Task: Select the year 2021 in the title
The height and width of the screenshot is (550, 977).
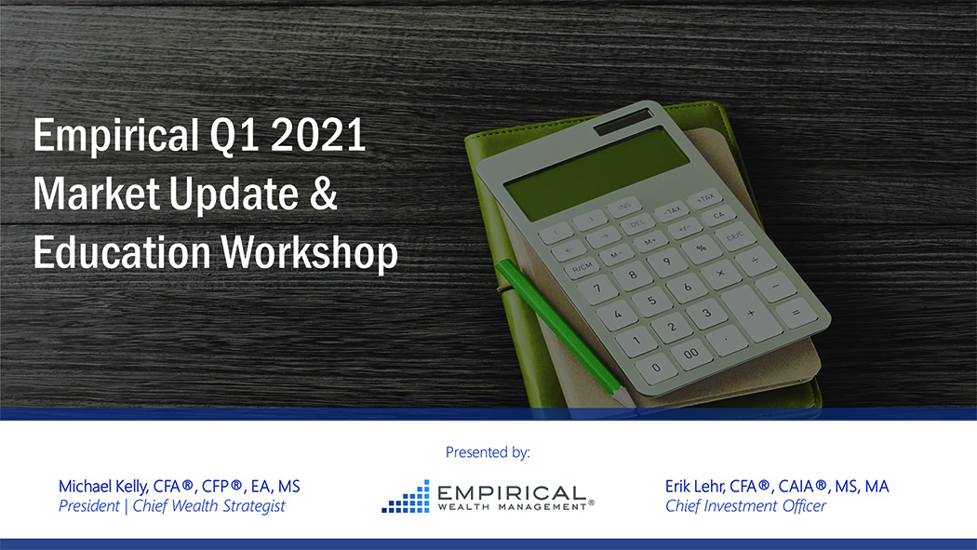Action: [318, 134]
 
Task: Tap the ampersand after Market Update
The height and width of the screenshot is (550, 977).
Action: [323, 193]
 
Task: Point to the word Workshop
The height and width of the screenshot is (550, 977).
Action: [309, 252]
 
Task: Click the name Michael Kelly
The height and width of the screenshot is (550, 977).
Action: [102, 487]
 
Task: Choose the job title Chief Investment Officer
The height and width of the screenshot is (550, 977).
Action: [745, 505]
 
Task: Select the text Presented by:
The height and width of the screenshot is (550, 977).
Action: [488, 452]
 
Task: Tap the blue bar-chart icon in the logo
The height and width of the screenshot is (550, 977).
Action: [406, 496]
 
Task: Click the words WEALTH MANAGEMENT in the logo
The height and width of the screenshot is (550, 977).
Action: [512, 507]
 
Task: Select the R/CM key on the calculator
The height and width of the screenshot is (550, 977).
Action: [582, 268]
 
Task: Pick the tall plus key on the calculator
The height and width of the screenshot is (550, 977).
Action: [752, 313]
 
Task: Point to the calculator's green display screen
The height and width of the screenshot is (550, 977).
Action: [597, 174]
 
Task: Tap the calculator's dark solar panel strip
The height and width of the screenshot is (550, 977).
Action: [623, 121]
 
